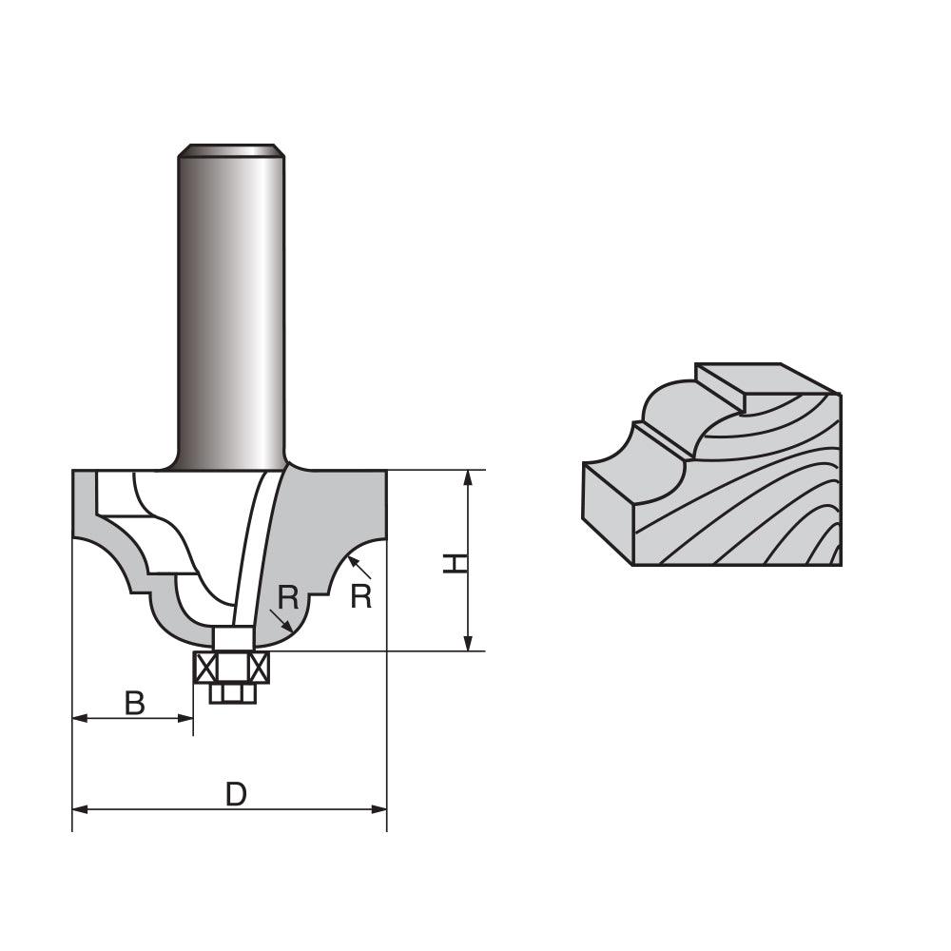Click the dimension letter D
click(x=236, y=794)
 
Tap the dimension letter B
click(x=135, y=704)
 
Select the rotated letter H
click(x=456, y=563)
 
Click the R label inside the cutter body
click(x=289, y=598)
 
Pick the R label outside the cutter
click(x=360, y=596)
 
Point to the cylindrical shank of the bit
click(x=231, y=304)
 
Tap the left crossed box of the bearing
click(x=205, y=668)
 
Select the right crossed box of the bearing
click(x=259, y=668)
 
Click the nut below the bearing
click(x=232, y=693)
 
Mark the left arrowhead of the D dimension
click(x=80, y=809)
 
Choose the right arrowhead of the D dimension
click(x=379, y=809)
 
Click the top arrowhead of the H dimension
click(x=467, y=477)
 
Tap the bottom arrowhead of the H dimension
click(x=467, y=644)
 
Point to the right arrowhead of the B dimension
click(x=186, y=719)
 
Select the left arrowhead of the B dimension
click(x=80, y=719)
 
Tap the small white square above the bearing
click(x=232, y=638)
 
